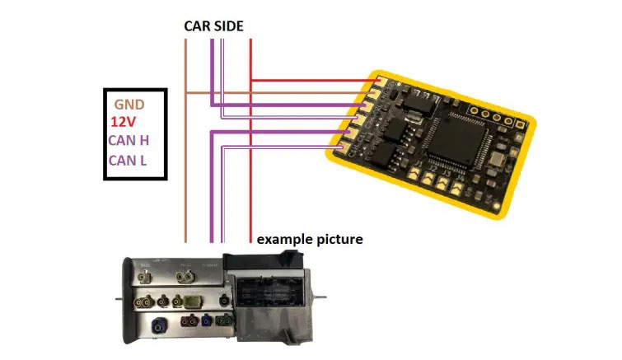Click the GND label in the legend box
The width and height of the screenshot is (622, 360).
click(x=129, y=105)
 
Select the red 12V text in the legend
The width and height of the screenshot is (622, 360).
click(x=124, y=122)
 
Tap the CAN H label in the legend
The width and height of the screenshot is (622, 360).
click(x=129, y=140)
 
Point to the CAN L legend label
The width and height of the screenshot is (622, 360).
click(x=128, y=159)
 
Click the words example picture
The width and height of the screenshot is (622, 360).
click(x=309, y=240)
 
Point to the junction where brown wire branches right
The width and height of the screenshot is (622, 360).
click(x=186, y=92)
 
